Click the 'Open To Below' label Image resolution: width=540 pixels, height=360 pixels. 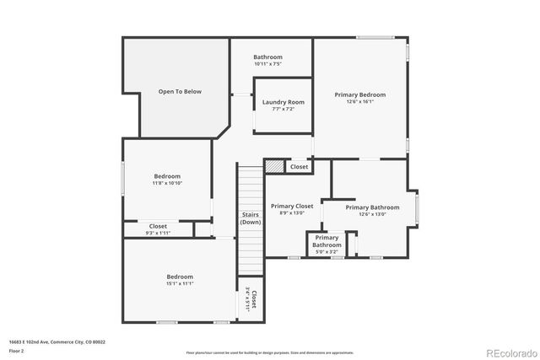[180, 91]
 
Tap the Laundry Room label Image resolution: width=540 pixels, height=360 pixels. [283, 102]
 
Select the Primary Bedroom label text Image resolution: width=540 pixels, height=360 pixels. [359, 94]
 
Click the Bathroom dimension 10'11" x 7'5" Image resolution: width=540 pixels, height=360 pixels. [267, 64]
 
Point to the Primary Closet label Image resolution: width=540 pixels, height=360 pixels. [291, 206]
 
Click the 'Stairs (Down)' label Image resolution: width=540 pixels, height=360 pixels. [250, 218]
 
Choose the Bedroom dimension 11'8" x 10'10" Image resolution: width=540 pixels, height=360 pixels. [167, 183]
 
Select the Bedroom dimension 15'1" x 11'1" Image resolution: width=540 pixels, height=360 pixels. [180, 284]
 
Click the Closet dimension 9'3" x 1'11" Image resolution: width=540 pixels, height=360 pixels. [158, 233]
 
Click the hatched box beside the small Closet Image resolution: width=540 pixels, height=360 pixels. [273, 167]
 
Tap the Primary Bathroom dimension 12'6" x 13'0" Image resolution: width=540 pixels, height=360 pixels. [372, 214]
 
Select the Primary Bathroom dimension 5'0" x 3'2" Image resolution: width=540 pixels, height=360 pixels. [327, 251]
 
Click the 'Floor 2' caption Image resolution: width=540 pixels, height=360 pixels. [16, 351]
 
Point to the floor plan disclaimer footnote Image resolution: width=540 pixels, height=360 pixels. [269, 352]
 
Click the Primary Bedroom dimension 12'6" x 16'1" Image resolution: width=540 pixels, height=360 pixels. [359, 102]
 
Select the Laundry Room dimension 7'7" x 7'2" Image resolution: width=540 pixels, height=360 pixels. [283, 109]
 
